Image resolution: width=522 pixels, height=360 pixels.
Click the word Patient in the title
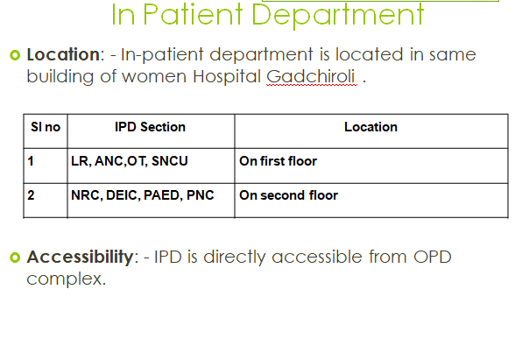[x=193, y=14]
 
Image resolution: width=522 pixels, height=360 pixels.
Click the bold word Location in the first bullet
[x=63, y=54]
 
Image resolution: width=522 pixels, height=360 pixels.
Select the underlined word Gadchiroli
[x=311, y=77]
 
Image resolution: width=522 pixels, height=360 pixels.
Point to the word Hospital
[x=227, y=77]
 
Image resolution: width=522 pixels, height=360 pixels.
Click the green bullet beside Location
[x=15, y=55]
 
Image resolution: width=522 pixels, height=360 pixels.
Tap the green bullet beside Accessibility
[x=15, y=258]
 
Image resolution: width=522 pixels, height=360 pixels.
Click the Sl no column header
[x=46, y=127]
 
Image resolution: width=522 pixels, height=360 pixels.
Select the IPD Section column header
[x=150, y=127]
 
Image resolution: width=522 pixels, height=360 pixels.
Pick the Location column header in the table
[x=370, y=127]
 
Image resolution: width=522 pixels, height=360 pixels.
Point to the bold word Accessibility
[x=81, y=258]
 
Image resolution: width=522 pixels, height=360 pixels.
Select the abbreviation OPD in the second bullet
[x=433, y=258]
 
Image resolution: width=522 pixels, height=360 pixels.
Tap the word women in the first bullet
[x=154, y=77]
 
